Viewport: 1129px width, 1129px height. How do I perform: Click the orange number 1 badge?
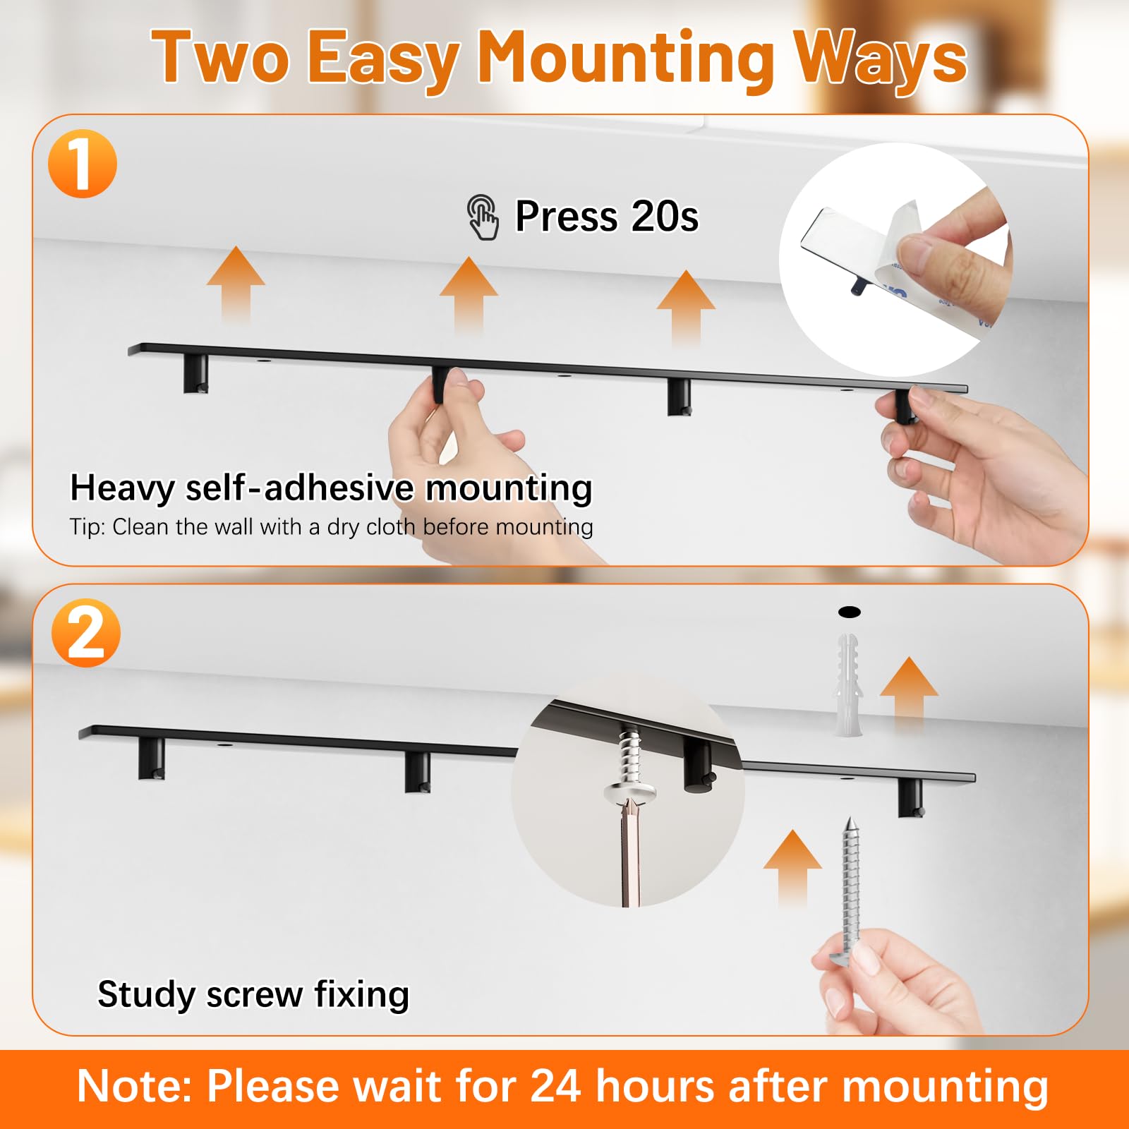click(x=83, y=164)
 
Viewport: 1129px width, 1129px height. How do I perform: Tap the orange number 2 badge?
click(x=86, y=633)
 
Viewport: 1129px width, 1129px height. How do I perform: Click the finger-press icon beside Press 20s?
click(x=483, y=217)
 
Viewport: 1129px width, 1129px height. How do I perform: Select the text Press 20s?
click(x=607, y=216)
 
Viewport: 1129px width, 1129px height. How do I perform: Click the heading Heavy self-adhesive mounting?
click(x=331, y=488)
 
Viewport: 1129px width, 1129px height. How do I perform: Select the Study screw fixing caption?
click(x=253, y=995)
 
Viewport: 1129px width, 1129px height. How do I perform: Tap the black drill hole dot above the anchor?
click(x=850, y=612)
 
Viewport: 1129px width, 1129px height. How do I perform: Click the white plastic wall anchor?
click(x=848, y=685)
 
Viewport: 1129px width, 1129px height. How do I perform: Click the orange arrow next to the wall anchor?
click(x=909, y=695)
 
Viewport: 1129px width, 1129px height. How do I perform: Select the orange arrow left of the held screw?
click(x=793, y=867)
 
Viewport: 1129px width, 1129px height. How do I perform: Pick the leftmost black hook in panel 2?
click(x=152, y=758)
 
